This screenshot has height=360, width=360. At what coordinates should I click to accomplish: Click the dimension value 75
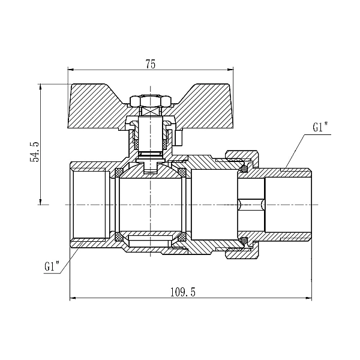[x=151, y=64]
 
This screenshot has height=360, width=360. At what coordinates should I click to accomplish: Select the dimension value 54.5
[x=35, y=152]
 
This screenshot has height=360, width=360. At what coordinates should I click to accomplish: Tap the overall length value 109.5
[x=183, y=293]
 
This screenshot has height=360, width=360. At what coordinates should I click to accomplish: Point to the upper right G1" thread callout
[x=320, y=127]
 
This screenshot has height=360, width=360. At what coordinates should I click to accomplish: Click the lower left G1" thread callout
[x=52, y=266]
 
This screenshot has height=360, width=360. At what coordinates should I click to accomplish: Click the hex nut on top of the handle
[x=151, y=101]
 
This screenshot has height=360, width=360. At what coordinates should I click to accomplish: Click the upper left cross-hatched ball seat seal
[x=119, y=172]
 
